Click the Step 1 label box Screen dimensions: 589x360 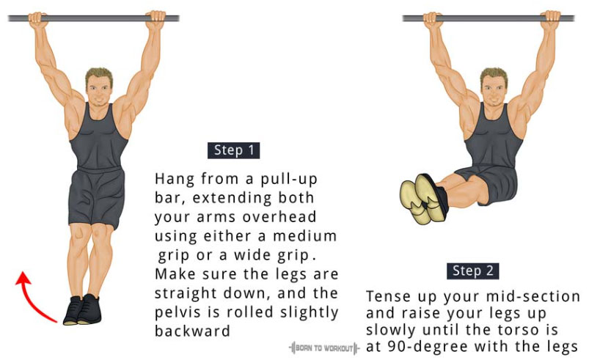[234, 150]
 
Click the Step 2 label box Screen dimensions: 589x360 [473, 271]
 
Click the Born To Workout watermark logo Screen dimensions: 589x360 [324, 348]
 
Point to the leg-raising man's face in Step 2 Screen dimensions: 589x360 [494, 89]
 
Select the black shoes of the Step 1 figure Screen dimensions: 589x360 [82, 309]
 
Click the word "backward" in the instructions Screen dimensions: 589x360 [192, 331]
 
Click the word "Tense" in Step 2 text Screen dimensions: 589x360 [389, 296]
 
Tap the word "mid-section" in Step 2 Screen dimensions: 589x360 [533, 296]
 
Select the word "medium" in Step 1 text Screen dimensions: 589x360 [304, 236]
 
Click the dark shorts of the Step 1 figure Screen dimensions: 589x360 [97, 197]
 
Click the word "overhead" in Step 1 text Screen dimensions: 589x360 [279, 217]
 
